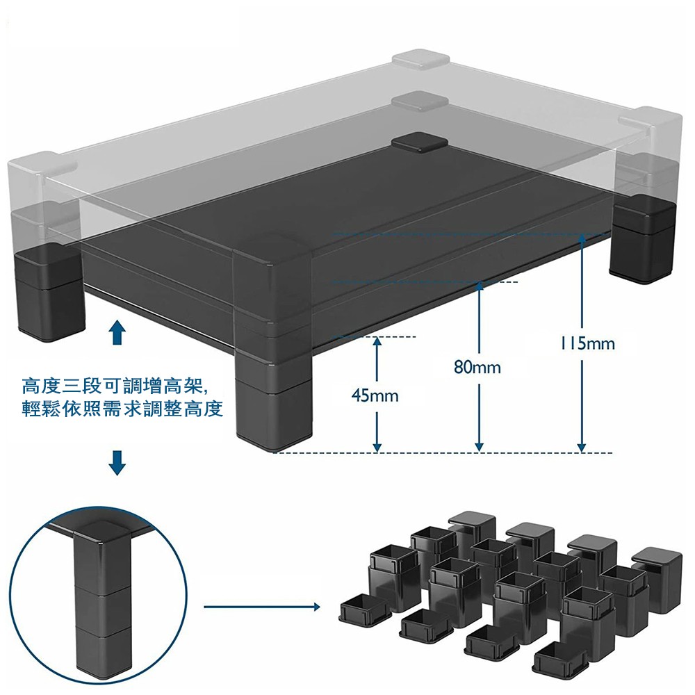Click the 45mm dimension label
[x=375, y=396]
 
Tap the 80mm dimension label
[x=477, y=367]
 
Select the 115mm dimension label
[x=588, y=343]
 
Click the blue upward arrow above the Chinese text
[x=117, y=333]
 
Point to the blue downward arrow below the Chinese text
[x=117, y=462]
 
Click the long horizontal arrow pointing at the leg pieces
[x=261, y=607]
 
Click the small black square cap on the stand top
[x=419, y=142]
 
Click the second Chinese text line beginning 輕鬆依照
[x=122, y=409]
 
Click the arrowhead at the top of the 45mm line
[x=376, y=341]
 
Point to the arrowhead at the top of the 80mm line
[x=479, y=286]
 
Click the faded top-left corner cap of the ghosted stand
[x=420, y=60]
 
